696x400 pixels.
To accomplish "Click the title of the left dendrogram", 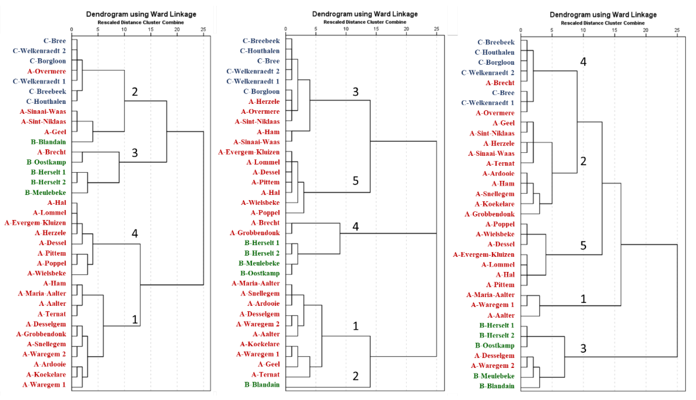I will [141, 14].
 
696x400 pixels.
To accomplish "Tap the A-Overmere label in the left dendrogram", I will [47, 71].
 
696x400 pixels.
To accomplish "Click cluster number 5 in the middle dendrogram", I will [355, 181].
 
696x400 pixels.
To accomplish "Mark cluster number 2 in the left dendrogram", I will [135, 92].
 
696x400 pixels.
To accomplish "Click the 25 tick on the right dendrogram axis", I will [677, 30].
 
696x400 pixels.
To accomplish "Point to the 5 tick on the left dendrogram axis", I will [98, 29].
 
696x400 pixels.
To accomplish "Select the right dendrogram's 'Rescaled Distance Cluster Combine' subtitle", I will [603, 23].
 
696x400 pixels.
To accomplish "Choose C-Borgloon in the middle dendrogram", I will [261, 91].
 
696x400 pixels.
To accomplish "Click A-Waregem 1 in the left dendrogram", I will [44, 384].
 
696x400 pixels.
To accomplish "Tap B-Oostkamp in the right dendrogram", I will [495, 345].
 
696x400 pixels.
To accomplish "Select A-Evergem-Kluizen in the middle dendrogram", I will [249, 152].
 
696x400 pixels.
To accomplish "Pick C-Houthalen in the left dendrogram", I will [46, 101].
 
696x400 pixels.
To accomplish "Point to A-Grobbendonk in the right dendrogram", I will [490, 214].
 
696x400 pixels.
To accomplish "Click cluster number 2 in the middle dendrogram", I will [355, 376].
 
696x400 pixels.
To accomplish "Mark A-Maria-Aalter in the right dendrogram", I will [490, 295].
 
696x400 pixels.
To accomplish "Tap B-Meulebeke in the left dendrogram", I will [45, 192].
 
